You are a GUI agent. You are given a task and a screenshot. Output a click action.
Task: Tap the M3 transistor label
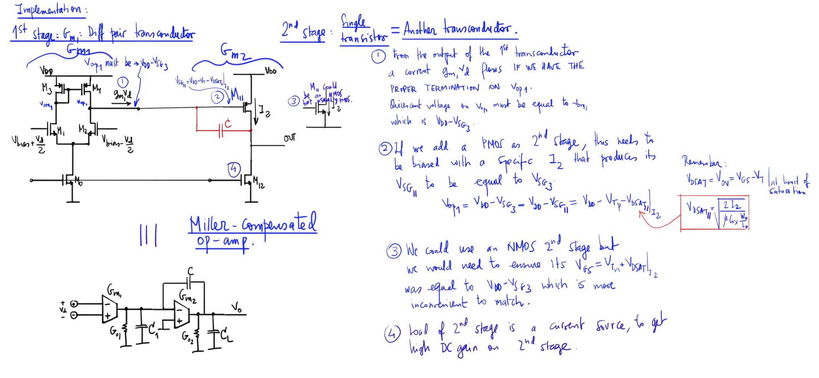point(46,87)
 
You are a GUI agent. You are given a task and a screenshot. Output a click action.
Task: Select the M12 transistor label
point(259,182)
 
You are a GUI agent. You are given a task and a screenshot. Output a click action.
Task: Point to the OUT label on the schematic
point(289,138)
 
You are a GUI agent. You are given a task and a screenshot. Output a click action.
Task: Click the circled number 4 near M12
point(234,169)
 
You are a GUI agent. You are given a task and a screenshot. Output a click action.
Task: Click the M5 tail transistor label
point(78,181)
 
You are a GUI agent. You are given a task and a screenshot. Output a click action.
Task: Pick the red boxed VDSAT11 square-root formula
point(715,213)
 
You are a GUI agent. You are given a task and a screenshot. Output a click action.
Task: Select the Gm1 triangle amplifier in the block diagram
point(109,309)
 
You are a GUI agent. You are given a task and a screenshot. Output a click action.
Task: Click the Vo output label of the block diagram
point(237,308)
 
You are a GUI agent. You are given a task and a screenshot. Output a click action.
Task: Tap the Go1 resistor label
point(115,332)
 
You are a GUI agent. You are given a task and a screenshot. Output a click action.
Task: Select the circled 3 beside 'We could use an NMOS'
point(394,251)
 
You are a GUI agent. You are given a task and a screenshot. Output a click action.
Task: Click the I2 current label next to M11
point(264,111)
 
